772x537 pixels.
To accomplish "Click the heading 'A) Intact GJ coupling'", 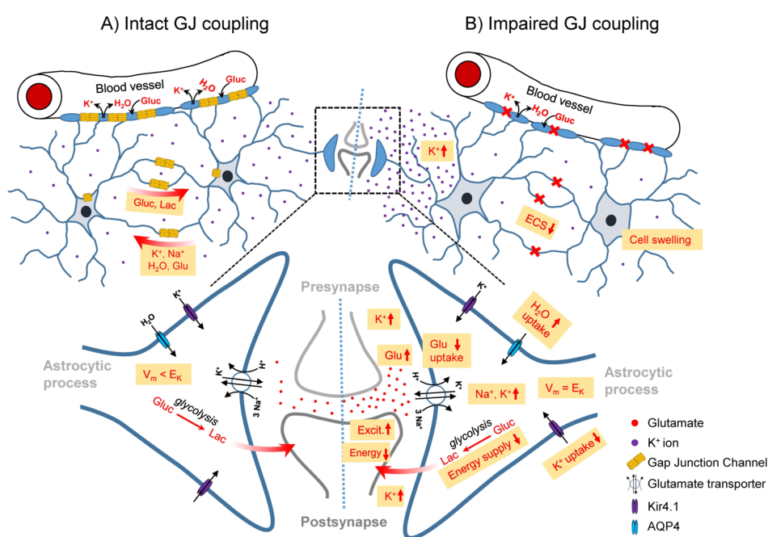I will pyautogui.click(x=184, y=23).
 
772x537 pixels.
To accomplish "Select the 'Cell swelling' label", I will pyautogui.click(x=662, y=239).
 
